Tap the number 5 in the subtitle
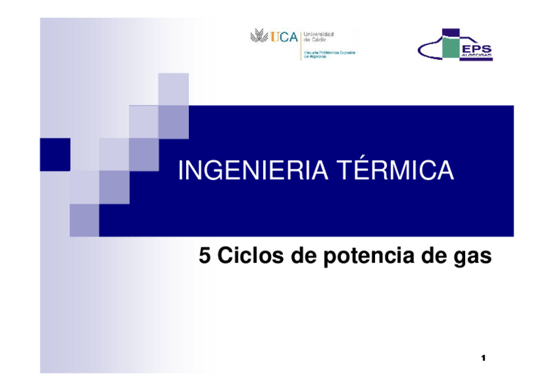(x=204, y=257)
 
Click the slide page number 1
(x=483, y=358)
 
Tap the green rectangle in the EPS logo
(x=449, y=48)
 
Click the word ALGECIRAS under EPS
(x=477, y=57)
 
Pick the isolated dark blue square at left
(x=55, y=154)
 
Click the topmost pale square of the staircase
(x=174, y=89)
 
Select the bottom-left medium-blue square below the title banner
(x=84, y=220)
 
